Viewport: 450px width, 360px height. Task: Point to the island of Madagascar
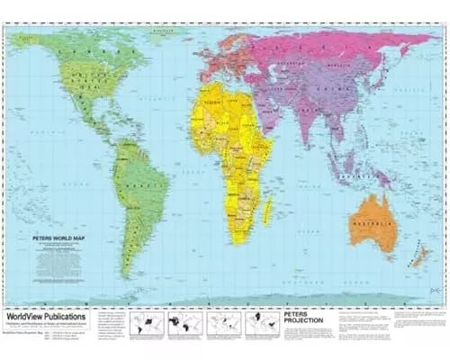269,212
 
